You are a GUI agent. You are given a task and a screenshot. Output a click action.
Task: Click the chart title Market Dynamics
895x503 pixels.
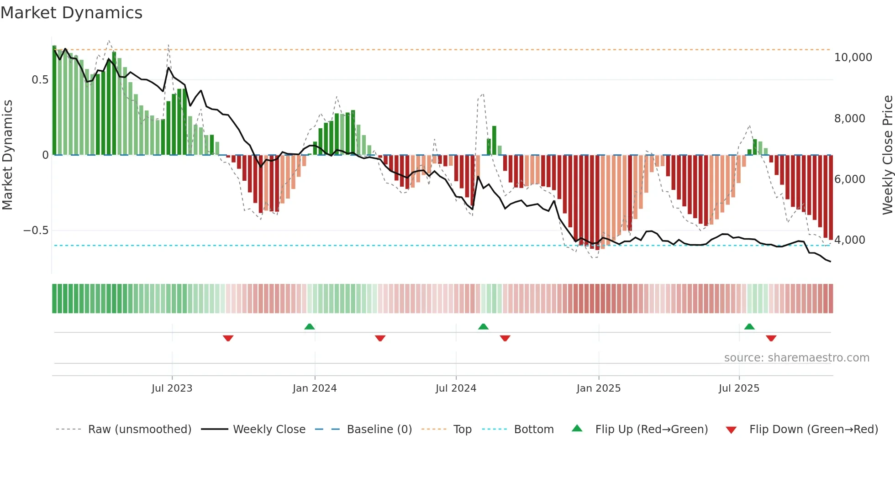point(71,13)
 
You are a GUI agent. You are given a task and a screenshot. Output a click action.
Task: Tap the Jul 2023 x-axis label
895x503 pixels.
point(172,388)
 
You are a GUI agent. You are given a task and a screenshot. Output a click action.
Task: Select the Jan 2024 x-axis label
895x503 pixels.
point(315,388)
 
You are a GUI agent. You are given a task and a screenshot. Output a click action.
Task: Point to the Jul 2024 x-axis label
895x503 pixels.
point(456,388)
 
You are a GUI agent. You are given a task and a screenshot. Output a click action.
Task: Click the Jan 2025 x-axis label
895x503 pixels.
point(598,388)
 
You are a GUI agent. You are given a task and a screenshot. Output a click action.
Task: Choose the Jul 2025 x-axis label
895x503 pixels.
point(739,388)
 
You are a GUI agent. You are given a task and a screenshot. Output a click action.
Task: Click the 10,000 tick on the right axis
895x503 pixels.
point(853,58)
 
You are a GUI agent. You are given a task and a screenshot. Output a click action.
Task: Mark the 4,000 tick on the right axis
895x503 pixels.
point(849,240)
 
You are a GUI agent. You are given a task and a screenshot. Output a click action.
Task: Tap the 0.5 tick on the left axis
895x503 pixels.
point(40,80)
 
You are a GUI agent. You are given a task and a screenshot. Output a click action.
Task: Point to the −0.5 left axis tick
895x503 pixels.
point(36,231)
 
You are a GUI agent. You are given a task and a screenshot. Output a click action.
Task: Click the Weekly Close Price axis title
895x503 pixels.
point(887,155)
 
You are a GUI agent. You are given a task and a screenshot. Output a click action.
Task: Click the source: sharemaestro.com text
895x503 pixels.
point(796,358)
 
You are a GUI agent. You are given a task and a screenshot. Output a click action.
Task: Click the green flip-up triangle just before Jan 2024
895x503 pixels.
point(310,326)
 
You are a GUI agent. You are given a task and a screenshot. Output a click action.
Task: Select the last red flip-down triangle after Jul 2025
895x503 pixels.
point(771,338)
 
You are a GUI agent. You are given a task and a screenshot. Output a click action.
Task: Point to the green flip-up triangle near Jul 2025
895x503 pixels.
point(749,326)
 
